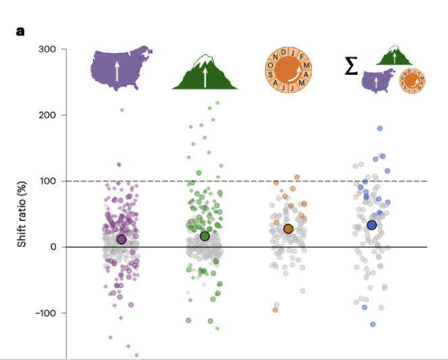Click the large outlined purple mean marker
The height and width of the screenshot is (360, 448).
tap(121, 239)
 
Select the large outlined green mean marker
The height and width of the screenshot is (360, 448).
tap(205, 236)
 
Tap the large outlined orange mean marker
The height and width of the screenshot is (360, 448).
tap(288, 229)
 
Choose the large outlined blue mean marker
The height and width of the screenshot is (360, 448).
tap(372, 224)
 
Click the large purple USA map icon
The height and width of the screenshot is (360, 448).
tap(121, 67)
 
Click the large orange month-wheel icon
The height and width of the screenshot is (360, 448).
tap(288, 67)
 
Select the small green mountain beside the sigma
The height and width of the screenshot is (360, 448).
tap(395, 55)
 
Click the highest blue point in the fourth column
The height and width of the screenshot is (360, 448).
tap(380, 128)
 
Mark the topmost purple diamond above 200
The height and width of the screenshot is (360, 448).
tap(122, 109)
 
